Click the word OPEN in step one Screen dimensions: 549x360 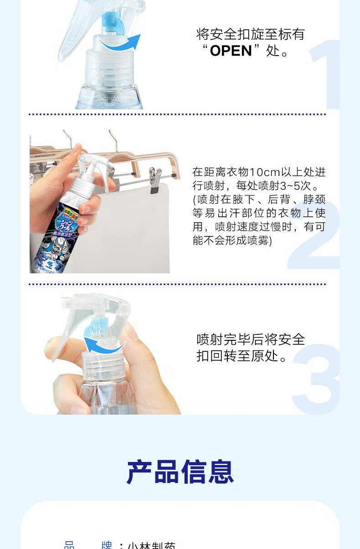coord(231,51)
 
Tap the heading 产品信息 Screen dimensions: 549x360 coord(180,472)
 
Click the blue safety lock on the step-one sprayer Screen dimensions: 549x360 coord(110,23)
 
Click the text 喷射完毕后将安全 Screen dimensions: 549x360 coord(251,339)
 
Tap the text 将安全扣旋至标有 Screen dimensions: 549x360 coord(250,34)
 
